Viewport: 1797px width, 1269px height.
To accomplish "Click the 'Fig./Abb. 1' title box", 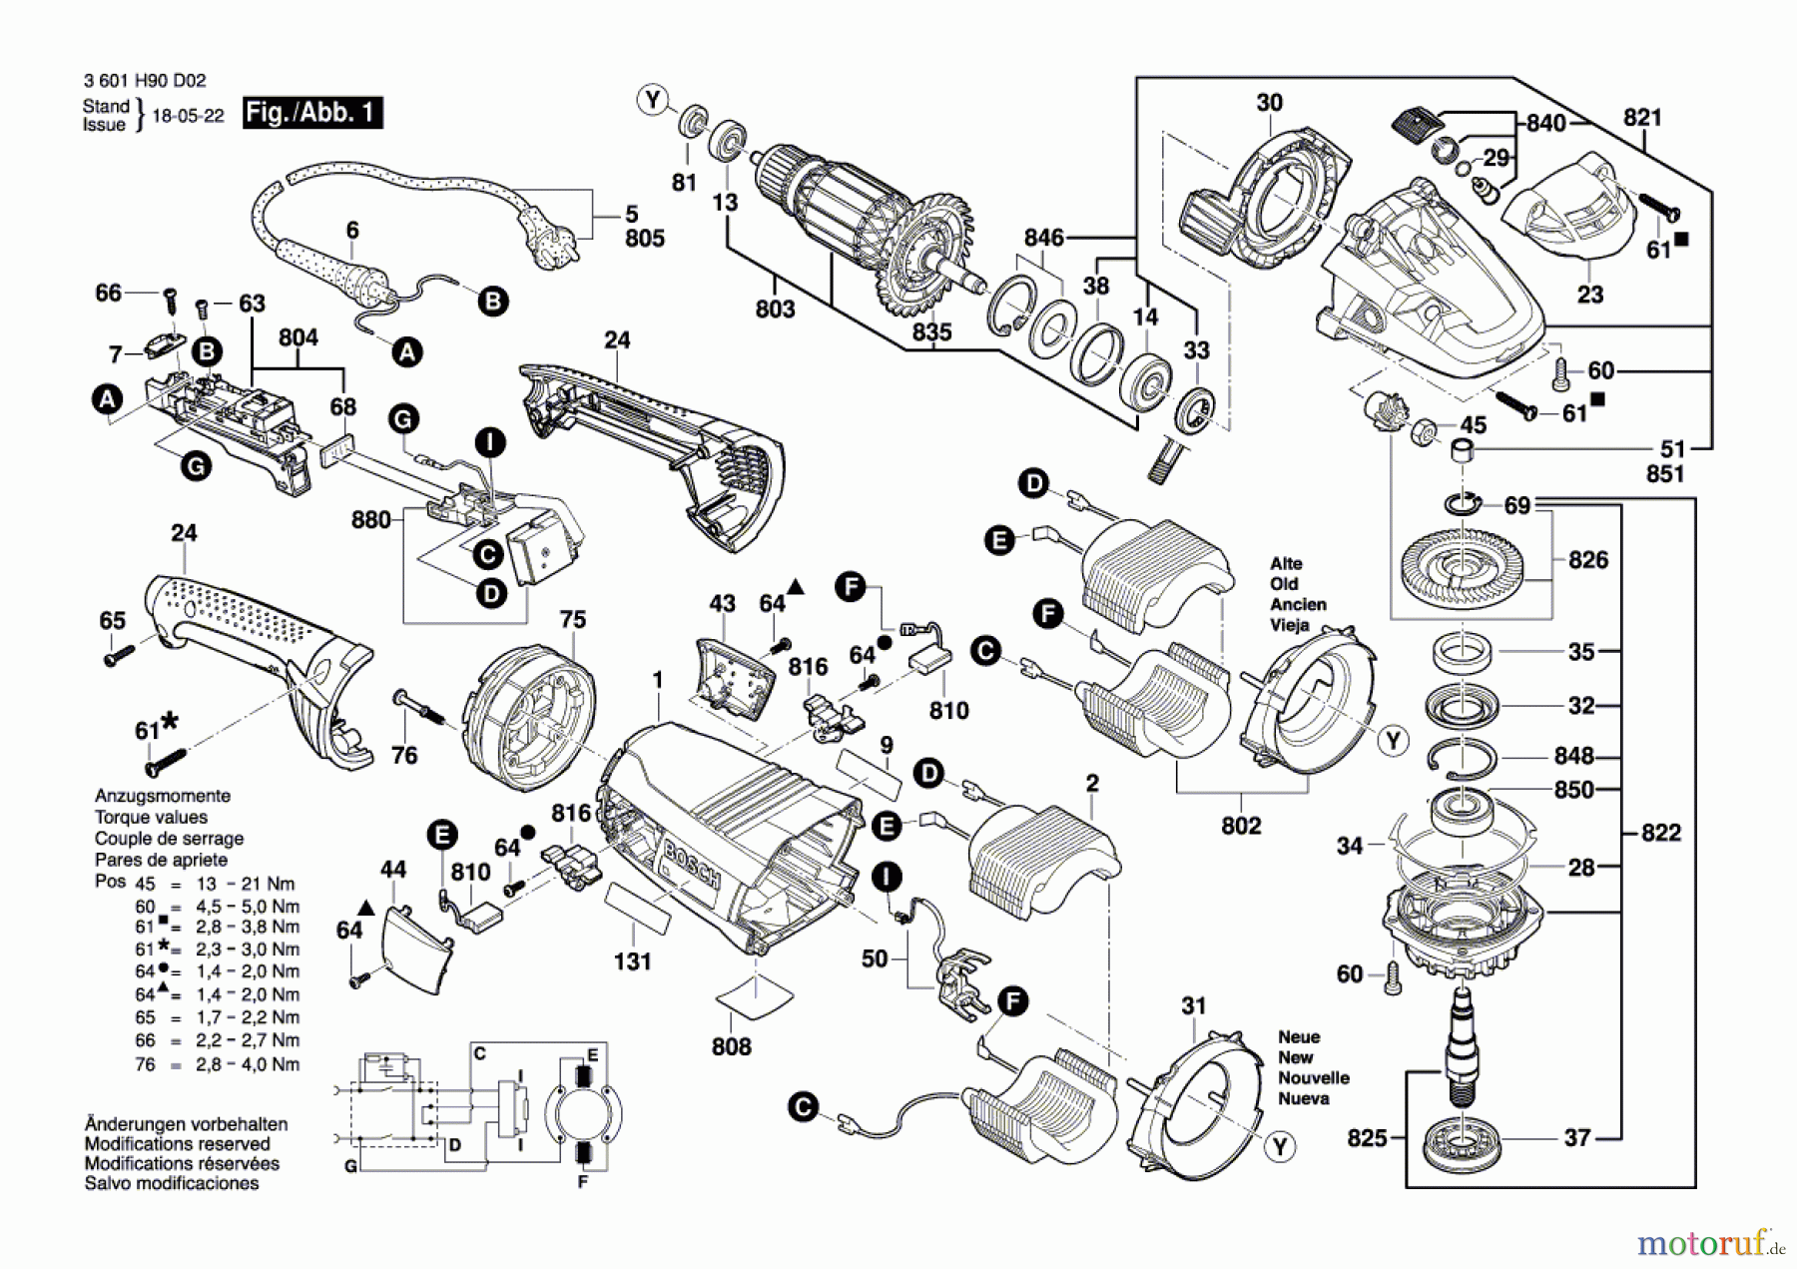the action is [x=312, y=113].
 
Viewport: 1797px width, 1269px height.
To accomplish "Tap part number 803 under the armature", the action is [x=775, y=309].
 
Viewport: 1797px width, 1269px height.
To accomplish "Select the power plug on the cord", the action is [x=553, y=244].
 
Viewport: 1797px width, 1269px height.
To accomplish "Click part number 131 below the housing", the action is [x=633, y=961].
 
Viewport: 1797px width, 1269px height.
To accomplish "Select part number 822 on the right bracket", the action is [x=1661, y=833].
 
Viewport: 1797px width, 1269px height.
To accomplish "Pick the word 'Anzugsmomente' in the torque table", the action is [x=163, y=796].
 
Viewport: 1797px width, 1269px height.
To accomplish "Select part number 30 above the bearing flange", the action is [x=1269, y=103].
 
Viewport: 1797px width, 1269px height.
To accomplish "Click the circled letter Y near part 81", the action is [x=653, y=100].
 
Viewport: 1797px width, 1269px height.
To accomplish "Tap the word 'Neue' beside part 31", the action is [x=1299, y=1037].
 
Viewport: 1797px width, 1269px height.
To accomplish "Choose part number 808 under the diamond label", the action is [x=732, y=1046].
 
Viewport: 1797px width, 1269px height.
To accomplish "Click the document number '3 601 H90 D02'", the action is [x=145, y=81].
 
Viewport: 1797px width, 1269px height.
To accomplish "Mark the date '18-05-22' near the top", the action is [x=188, y=116].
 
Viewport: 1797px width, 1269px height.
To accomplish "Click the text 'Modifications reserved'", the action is [x=177, y=1144].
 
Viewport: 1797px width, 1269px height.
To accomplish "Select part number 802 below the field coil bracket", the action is [x=1241, y=826].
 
